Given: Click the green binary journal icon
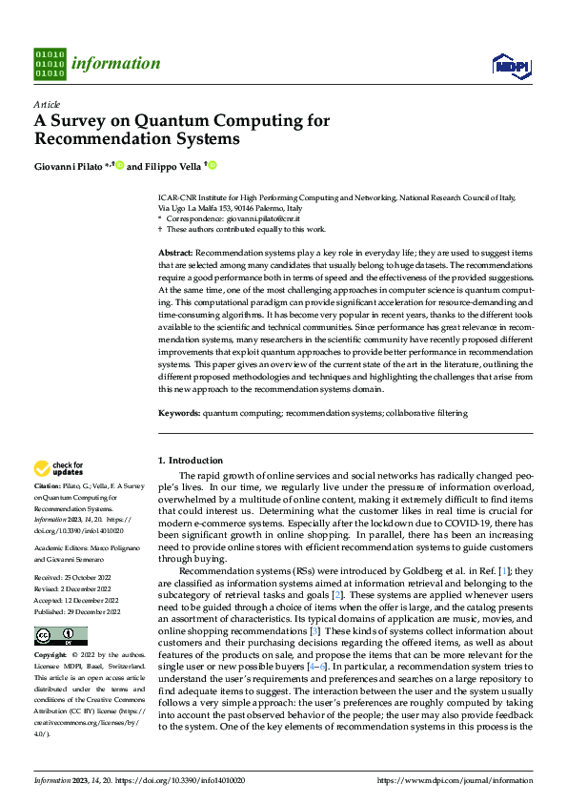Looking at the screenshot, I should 50,64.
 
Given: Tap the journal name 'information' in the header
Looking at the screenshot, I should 115,64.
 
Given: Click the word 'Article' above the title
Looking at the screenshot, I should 46,103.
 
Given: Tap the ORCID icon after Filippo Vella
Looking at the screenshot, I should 213,165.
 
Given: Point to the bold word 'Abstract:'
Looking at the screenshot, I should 177,250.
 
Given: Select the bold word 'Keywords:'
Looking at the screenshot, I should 179,413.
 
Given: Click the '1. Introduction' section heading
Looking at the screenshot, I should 191,460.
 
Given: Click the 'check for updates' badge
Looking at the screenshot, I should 59,468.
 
